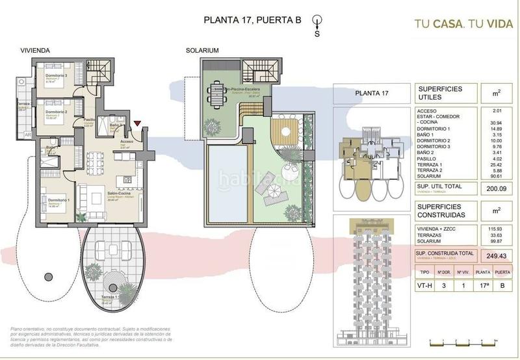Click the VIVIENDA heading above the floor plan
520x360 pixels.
click(x=36, y=50)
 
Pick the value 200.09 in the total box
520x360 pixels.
click(x=496, y=188)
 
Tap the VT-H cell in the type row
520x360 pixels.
click(x=424, y=285)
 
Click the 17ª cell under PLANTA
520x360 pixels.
click(x=482, y=285)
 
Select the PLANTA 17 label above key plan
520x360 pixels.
click(x=371, y=93)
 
